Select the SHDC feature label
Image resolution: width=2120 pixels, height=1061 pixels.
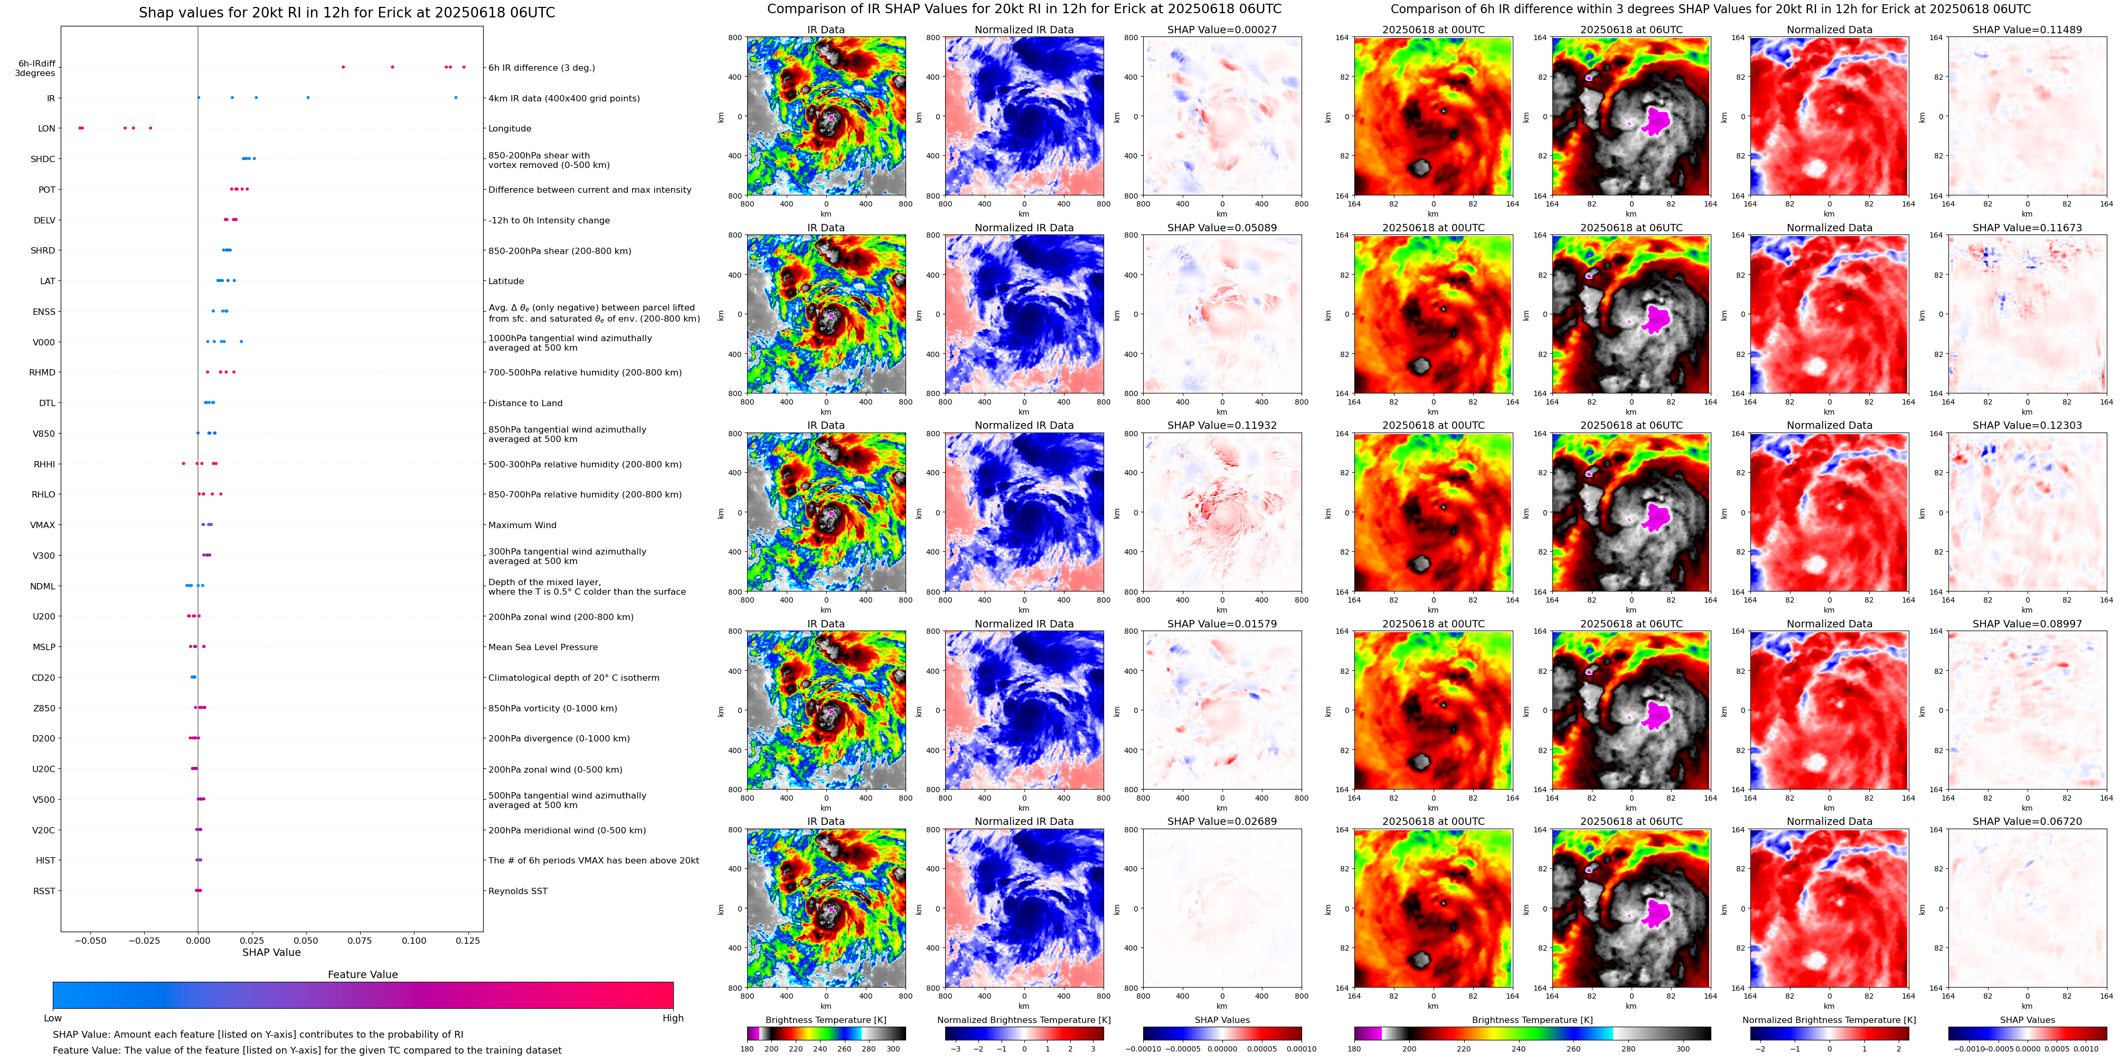[x=43, y=159]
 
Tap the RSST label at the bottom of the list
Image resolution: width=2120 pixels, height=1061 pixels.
[x=44, y=890]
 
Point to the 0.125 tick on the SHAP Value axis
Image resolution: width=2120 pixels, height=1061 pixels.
[x=467, y=941]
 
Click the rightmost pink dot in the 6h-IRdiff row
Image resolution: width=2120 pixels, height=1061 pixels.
[x=464, y=67]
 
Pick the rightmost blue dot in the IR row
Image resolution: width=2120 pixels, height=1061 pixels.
[x=455, y=98]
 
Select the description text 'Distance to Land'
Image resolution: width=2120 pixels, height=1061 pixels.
[x=525, y=403]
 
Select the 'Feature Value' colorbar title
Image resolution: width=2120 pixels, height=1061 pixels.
[x=362, y=974]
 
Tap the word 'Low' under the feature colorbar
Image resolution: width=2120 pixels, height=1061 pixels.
[x=53, y=1018]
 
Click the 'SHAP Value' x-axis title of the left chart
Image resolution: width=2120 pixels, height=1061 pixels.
[x=271, y=952]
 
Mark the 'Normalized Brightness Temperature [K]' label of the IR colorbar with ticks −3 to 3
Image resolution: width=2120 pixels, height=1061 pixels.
[x=1024, y=1020]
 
